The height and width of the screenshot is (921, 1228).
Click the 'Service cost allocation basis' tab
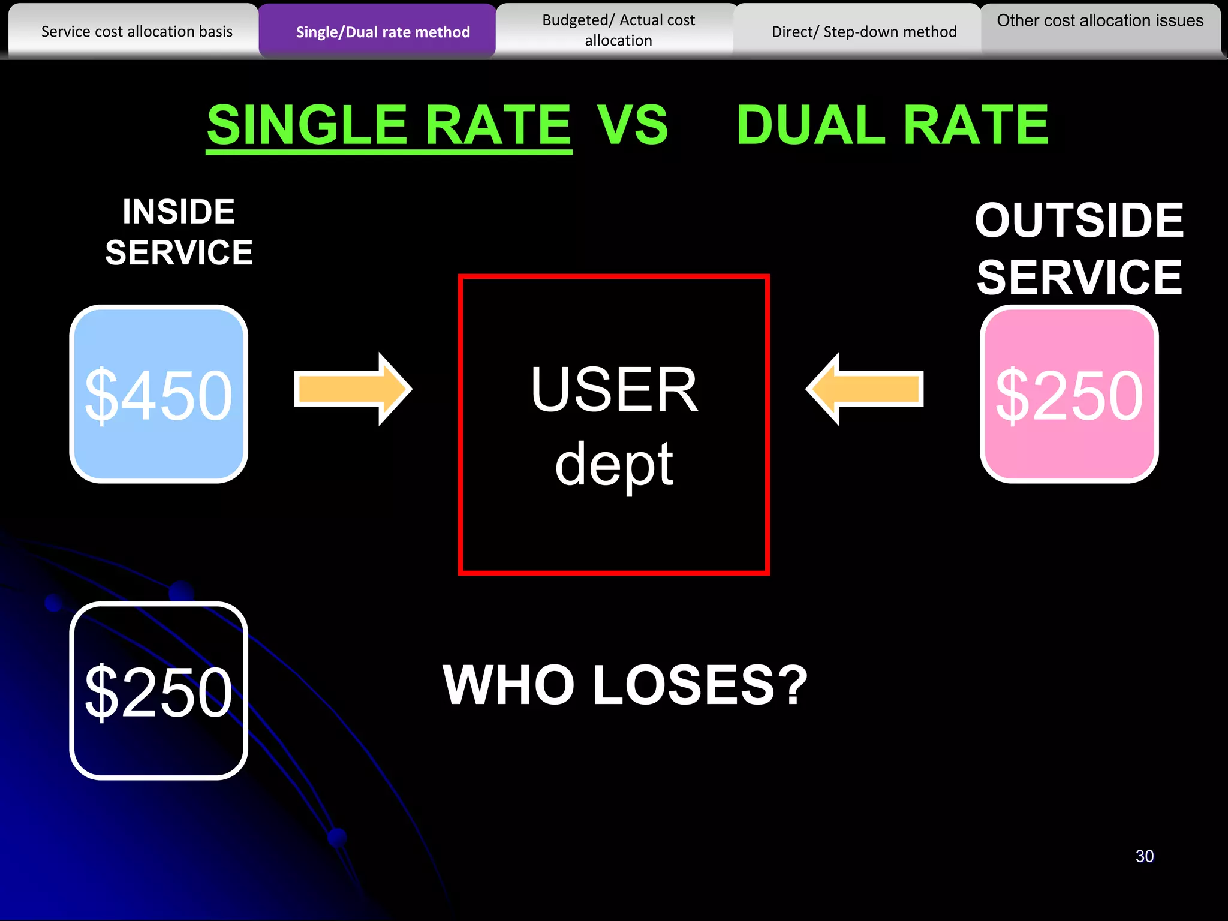(x=137, y=31)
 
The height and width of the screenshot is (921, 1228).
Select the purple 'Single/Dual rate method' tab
(x=383, y=31)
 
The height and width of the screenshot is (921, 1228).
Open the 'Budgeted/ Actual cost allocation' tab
(x=618, y=30)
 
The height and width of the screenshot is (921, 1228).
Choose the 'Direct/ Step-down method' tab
(x=863, y=31)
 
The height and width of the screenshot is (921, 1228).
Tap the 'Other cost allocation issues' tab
(x=1100, y=21)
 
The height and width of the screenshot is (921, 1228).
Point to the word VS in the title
(x=632, y=125)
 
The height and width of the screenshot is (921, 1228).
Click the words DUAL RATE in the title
(x=892, y=125)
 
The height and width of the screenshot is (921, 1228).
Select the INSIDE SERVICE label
(x=179, y=231)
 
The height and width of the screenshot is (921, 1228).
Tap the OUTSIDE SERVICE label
(x=1079, y=248)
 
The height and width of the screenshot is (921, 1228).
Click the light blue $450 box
(x=159, y=394)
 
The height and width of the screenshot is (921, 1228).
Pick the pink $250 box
(x=1069, y=394)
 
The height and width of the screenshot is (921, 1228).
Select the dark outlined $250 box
(x=159, y=691)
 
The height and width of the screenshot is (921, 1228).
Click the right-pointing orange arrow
(x=353, y=389)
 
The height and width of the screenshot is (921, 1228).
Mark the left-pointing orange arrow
(x=865, y=389)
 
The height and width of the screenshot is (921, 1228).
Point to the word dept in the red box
(x=614, y=465)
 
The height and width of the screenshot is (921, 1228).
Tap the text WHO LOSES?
(x=625, y=685)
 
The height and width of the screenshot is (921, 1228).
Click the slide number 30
(x=1145, y=856)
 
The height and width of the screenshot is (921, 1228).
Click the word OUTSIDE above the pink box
(x=1079, y=220)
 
